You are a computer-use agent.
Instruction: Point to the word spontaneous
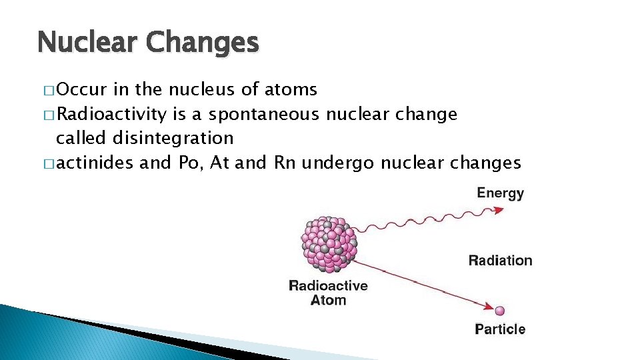(264, 114)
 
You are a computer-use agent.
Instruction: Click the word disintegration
(173, 138)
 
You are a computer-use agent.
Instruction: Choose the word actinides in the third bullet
(95, 162)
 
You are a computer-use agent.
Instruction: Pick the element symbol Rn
(285, 162)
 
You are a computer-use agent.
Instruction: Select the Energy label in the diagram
(500, 193)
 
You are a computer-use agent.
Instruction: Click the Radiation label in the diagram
(500, 261)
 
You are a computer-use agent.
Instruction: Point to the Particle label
(500, 329)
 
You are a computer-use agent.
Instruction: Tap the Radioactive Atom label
(328, 292)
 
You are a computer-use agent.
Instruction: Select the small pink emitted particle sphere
(500, 310)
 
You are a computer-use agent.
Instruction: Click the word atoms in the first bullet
(291, 89)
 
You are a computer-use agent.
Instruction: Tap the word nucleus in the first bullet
(199, 90)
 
